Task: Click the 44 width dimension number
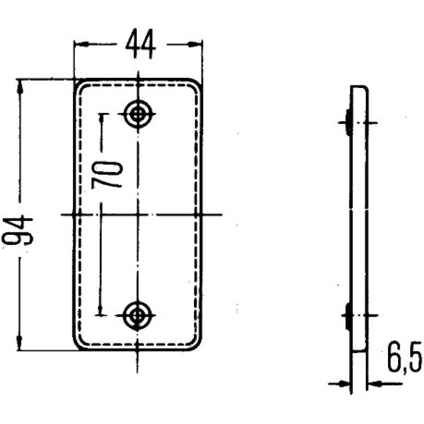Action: (140, 46)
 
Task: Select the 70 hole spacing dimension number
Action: (108, 175)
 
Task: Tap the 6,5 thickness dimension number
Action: (404, 360)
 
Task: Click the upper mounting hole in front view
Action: (139, 113)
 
